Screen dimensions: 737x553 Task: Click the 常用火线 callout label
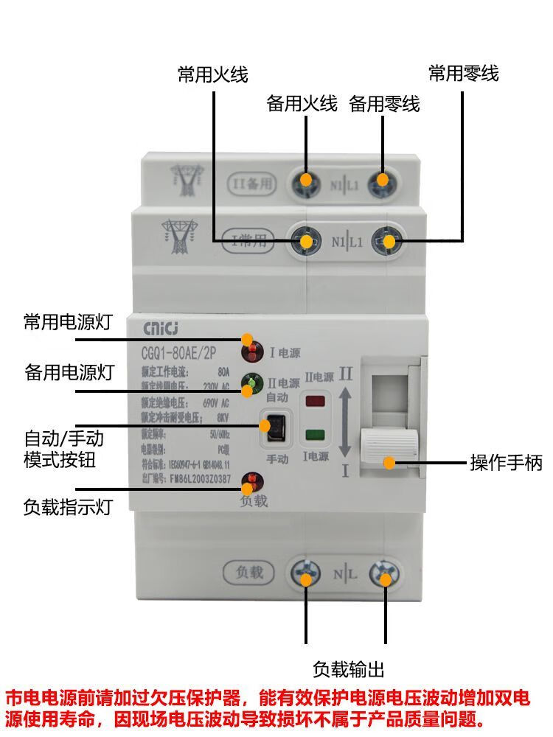pos(212,74)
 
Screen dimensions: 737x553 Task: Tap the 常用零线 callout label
pos(464,74)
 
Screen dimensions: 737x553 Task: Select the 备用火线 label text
pos(302,104)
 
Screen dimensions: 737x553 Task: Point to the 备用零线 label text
pos(384,104)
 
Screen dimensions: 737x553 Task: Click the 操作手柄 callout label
pos(507,463)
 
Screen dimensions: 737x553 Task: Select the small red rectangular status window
pos(316,403)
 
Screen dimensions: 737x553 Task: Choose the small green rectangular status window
pos(316,434)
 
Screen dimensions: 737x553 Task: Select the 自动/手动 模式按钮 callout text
pos(63,450)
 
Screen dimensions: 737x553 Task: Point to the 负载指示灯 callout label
pos(68,507)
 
